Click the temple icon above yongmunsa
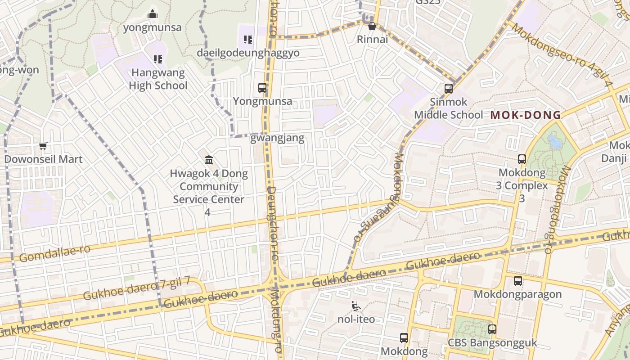(153, 14)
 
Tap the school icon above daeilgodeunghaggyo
(247, 40)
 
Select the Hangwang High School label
(158, 79)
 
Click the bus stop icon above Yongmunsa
(262, 88)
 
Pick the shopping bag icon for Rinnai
(372, 26)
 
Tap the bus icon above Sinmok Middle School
(449, 88)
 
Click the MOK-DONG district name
(526, 115)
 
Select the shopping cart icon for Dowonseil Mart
(43, 146)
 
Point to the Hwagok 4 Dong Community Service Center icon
(209, 160)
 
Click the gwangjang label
(277, 138)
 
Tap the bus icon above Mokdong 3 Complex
(522, 159)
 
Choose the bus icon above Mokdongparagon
(518, 281)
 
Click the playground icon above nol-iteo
(356, 306)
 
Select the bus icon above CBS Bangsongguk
(492, 329)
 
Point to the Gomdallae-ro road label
(55, 253)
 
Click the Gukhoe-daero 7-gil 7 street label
(136, 289)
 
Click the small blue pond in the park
(555, 142)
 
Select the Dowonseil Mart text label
(43, 159)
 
